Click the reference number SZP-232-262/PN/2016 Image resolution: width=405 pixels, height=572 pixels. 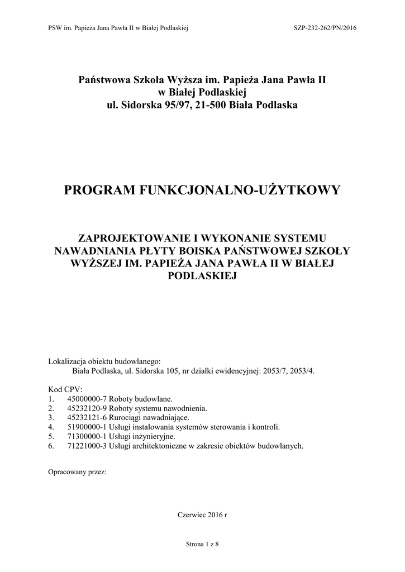coord(324,27)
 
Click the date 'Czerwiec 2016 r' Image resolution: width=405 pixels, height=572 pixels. coord(202,514)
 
